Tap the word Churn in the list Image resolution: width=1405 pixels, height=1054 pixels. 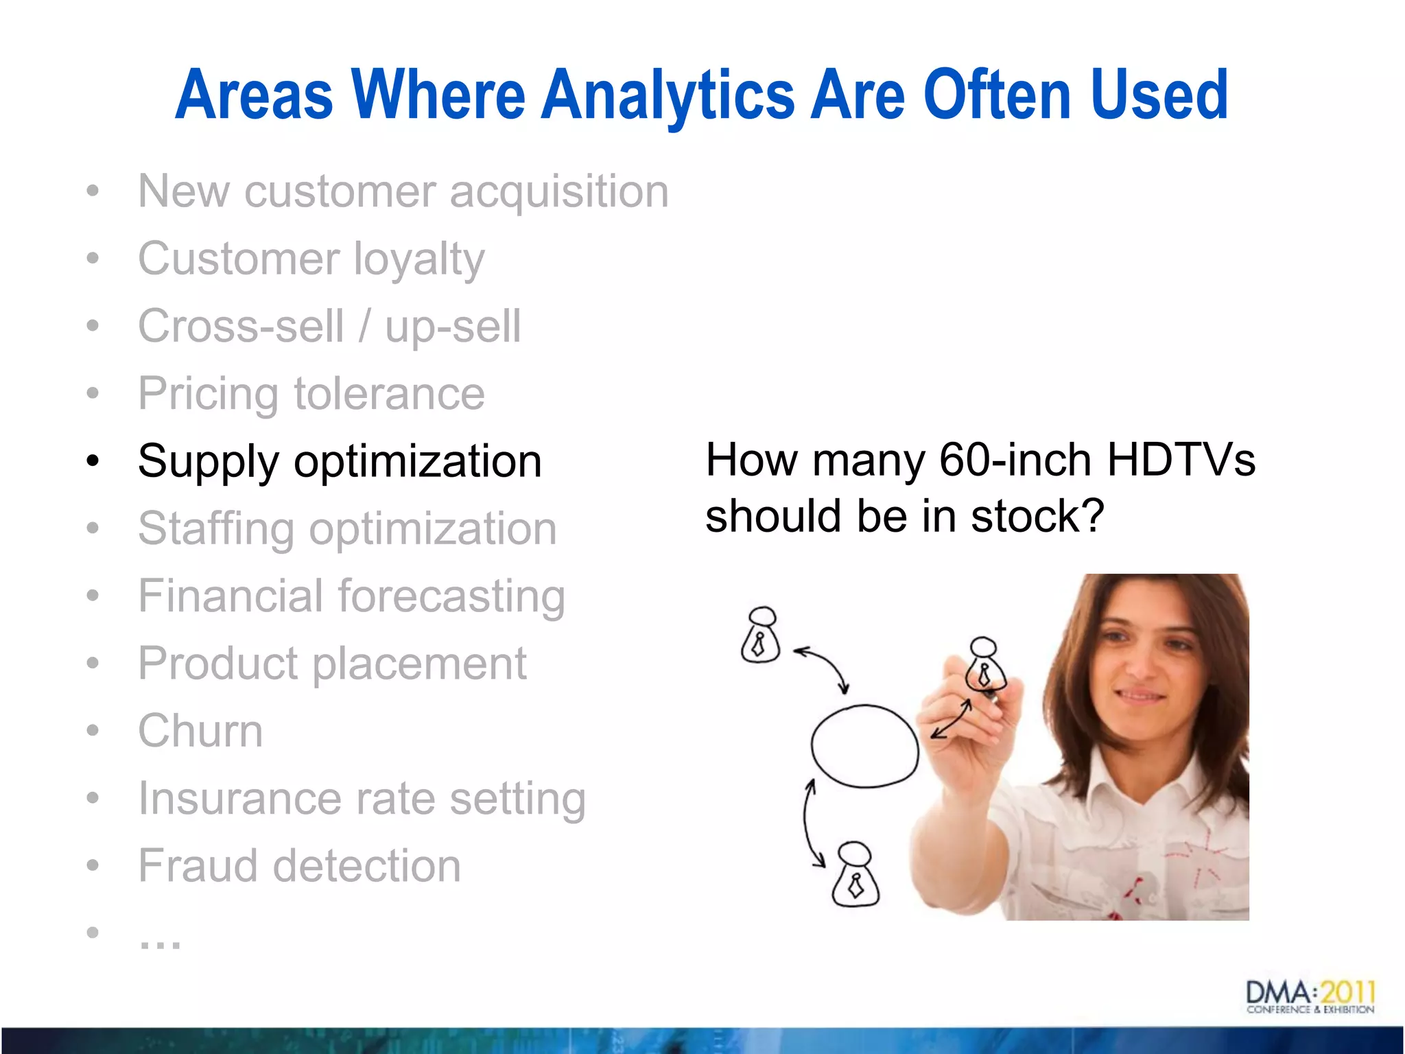tap(200, 730)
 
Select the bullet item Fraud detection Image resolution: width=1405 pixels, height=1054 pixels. tap(299, 865)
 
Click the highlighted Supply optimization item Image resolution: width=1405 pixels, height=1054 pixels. tap(340, 461)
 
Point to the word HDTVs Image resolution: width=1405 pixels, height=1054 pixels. tap(1181, 459)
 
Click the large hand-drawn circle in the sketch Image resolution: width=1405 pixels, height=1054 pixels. tap(864, 746)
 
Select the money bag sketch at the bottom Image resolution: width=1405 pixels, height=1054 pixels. tap(855, 875)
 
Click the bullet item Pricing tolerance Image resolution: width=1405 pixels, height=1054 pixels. tap(311, 394)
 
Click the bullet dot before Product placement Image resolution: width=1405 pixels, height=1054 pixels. tap(93, 663)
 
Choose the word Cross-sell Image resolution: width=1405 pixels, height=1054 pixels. tap(241, 326)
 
